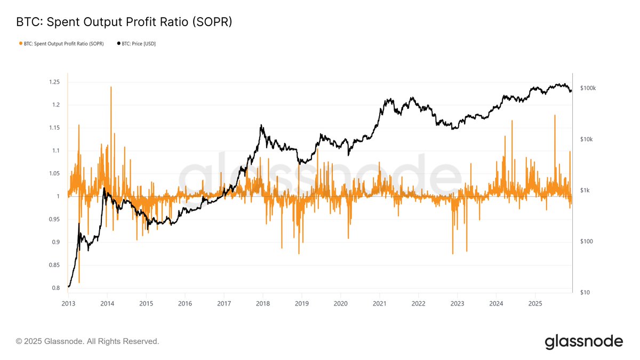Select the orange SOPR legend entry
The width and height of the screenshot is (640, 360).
click(61, 43)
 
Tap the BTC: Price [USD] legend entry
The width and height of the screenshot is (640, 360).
click(135, 43)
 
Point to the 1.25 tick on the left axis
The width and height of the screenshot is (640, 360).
click(53, 82)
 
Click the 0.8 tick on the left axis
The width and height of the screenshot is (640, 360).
click(55, 288)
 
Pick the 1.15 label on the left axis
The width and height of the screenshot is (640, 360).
click(53, 128)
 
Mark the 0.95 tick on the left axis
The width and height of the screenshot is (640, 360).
click(53, 219)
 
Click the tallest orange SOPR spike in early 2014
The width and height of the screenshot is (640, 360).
click(111, 87)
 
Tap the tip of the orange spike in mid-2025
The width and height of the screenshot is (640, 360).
click(555, 115)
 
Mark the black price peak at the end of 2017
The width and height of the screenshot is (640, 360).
click(261, 125)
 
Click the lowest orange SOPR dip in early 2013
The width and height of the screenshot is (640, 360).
click(79, 282)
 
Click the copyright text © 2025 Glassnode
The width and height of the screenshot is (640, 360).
click(87, 341)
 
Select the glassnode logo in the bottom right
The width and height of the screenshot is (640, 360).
click(583, 341)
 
